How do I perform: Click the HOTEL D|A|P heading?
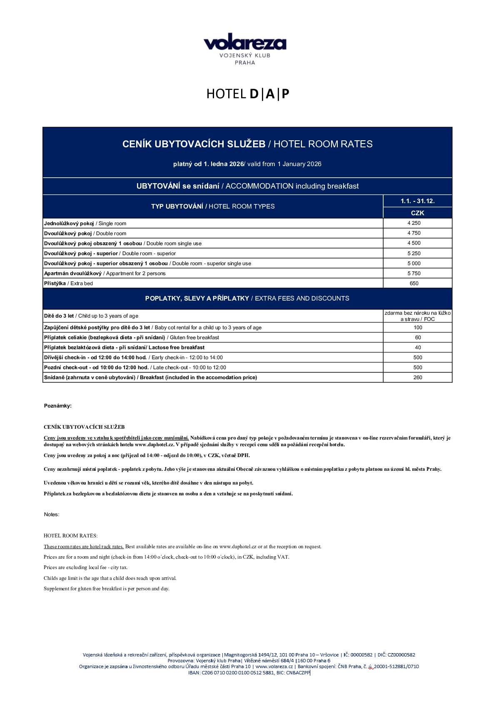coord(247,94)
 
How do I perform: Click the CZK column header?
coord(417,213)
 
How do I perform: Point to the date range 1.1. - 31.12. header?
coord(417,201)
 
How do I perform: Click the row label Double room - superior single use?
coord(147,263)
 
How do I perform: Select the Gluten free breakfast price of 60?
coord(418,338)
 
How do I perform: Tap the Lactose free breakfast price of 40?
coord(418,348)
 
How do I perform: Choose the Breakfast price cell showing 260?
coord(418,378)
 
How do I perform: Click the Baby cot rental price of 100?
coord(418,328)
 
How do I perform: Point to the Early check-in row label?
coord(133,358)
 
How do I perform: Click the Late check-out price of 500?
coord(418,368)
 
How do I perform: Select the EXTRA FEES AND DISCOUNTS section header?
coord(247,298)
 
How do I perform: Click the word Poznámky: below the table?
coord(58,406)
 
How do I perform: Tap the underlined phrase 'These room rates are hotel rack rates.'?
coord(84,547)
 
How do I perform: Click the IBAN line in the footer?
coord(249,672)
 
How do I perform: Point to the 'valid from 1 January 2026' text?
coord(284,164)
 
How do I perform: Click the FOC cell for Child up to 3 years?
coord(417,316)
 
